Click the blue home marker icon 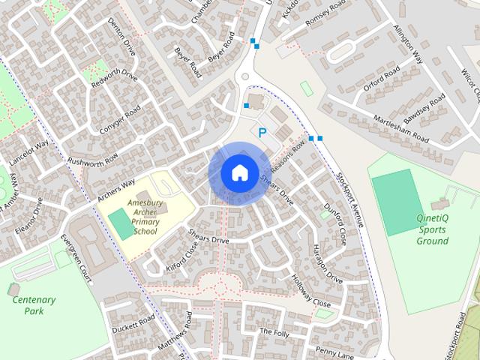(x=238, y=172)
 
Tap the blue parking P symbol (x=262, y=132)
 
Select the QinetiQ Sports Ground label (x=433, y=229)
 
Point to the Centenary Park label (x=34, y=305)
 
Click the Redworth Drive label (x=114, y=87)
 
